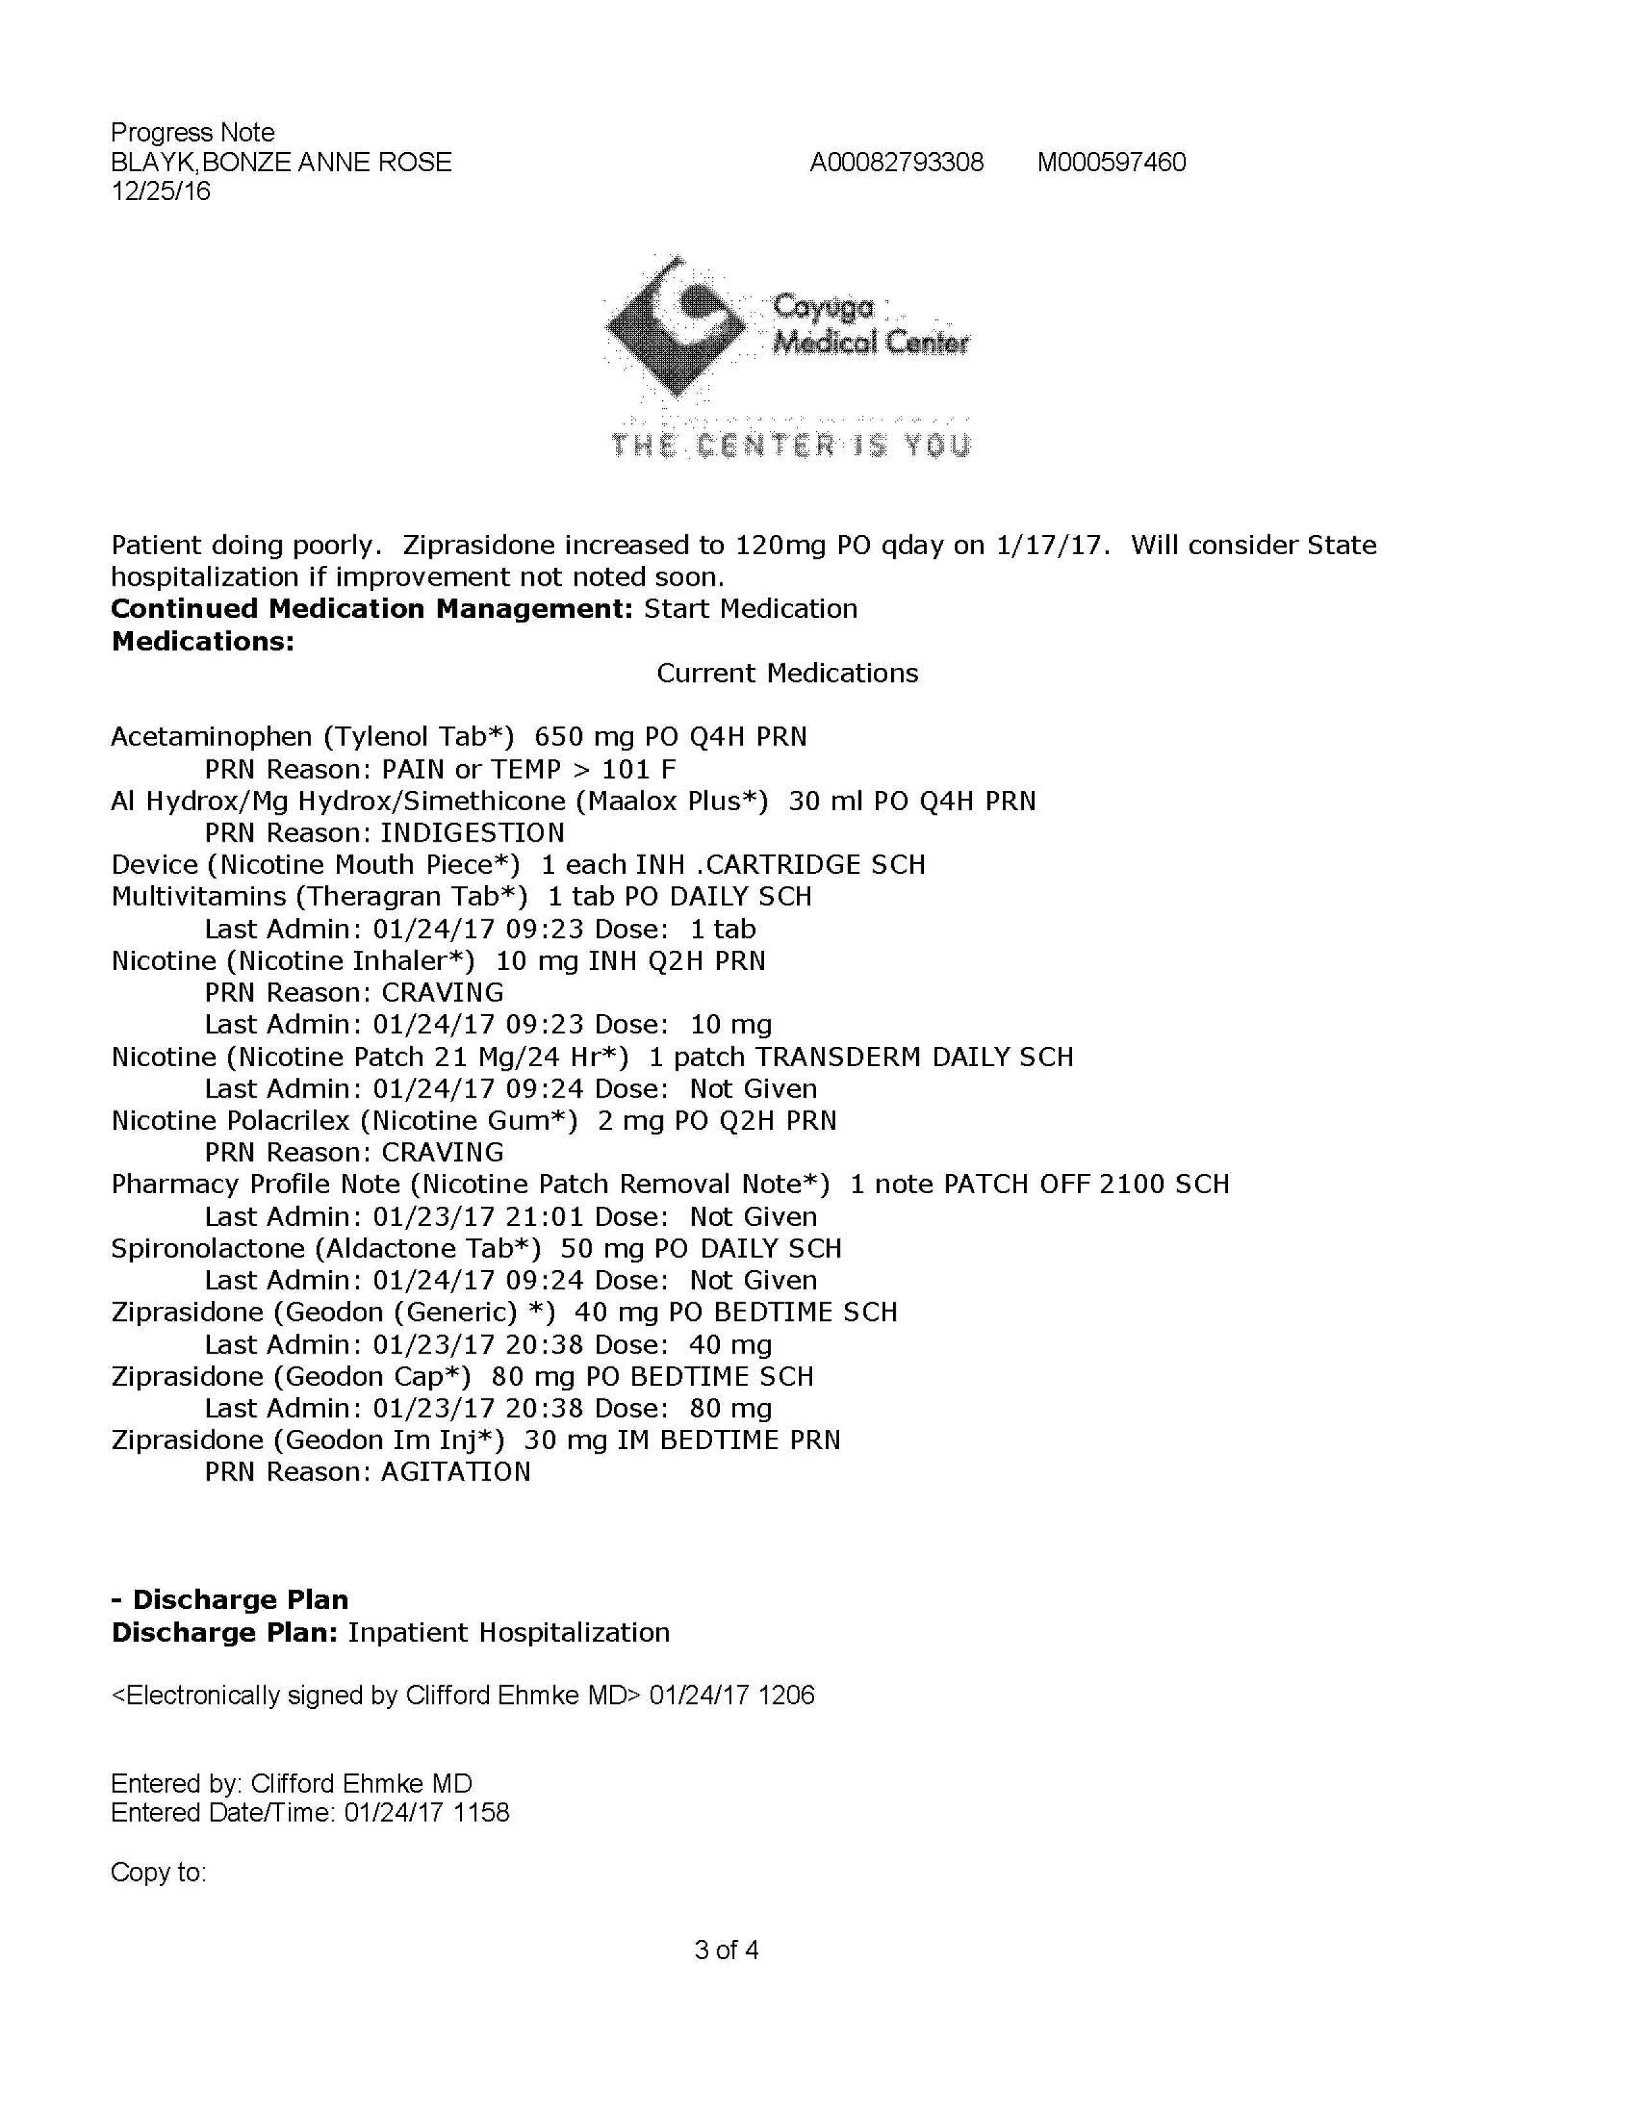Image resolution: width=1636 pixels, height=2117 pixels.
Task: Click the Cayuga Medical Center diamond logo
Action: (x=676, y=327)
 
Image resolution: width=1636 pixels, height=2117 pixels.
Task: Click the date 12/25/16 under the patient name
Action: (x=161, y=191)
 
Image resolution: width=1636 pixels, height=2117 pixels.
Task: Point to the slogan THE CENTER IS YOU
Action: (x=790, y=446)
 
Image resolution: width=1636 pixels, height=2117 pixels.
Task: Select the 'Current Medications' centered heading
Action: (x=787, y=673)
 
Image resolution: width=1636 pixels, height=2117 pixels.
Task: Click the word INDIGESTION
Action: (x=472, y=833)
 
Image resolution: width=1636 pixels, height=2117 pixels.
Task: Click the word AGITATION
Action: (x=456, y=1472)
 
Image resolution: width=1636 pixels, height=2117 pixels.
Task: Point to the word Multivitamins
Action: (x=199, y=897)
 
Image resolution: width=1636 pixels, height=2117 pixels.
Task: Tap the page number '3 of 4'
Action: (x=726, y=1950)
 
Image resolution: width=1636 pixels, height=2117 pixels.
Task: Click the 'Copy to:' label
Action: (x=158, y=1872)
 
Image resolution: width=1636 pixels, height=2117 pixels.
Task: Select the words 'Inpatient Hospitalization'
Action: (x=509, y=1633)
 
